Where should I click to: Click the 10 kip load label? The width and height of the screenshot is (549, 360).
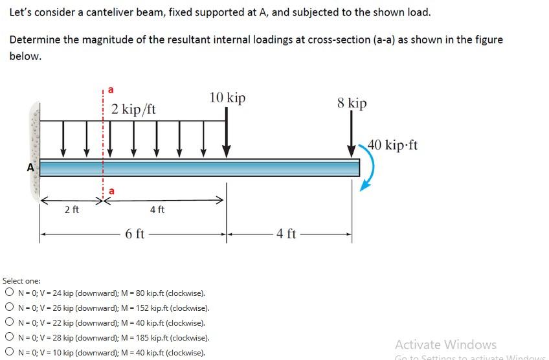point(227,98)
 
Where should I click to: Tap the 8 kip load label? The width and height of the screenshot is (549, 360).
point(352,103)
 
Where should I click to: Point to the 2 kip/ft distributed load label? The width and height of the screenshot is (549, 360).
point(133,109)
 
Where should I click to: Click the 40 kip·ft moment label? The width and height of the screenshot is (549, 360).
point(393,144)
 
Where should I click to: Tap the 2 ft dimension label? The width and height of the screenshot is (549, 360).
point(71,209)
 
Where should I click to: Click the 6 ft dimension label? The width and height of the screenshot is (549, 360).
point(135,234)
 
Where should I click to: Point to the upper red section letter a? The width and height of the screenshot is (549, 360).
point(110,89)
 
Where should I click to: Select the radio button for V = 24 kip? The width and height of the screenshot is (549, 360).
point(9,293)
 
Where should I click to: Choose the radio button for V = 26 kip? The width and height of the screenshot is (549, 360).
point(9,308)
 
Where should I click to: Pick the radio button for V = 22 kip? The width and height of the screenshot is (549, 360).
point(9,322)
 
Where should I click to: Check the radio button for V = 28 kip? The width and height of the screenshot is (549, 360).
point(9,337)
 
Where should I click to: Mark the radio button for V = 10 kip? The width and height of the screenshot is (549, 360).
point(9,352)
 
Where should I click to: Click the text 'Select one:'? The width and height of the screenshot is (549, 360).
point(21,280)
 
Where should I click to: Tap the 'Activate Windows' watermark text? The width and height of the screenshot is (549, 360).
point(445,344)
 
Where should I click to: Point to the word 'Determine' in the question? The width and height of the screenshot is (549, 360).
point(34,40)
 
